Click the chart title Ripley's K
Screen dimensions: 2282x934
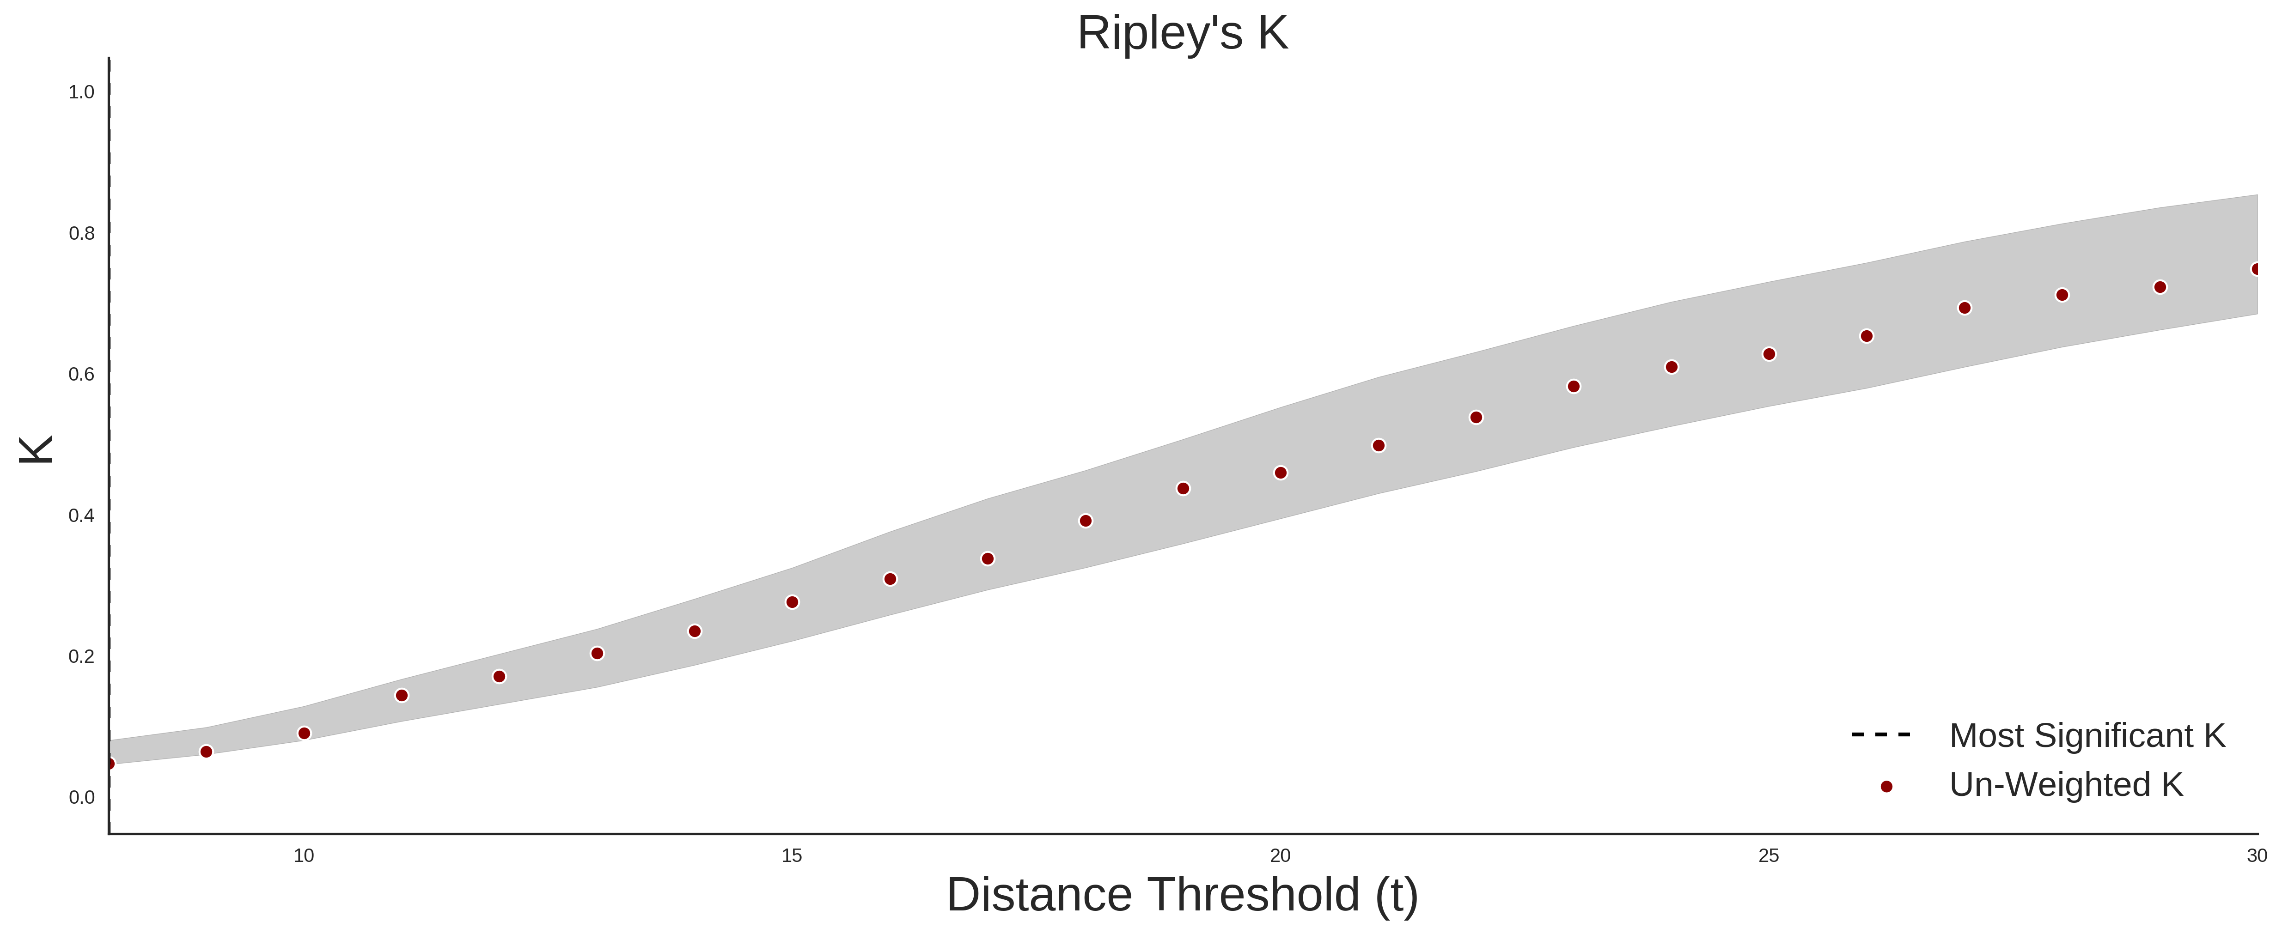(1183, 34)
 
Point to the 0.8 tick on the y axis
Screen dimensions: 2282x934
(81, 234)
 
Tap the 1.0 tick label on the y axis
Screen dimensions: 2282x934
(81, 92)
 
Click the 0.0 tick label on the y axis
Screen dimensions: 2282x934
(81, 798)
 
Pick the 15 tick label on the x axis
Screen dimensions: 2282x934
(792, 856)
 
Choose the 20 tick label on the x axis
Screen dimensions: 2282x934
(1280, 856)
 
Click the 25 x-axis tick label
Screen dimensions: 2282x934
(1768, 856)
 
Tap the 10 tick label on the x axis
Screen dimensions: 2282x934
(304, 856)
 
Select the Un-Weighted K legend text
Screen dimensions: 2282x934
(2066, 784)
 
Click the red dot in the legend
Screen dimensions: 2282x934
(1886, 786)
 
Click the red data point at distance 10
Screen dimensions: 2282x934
(304, 733)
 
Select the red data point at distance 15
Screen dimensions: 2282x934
(792, 602)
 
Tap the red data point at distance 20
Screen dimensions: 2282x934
(1280, 473)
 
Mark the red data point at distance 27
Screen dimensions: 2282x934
(1964, 308)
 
